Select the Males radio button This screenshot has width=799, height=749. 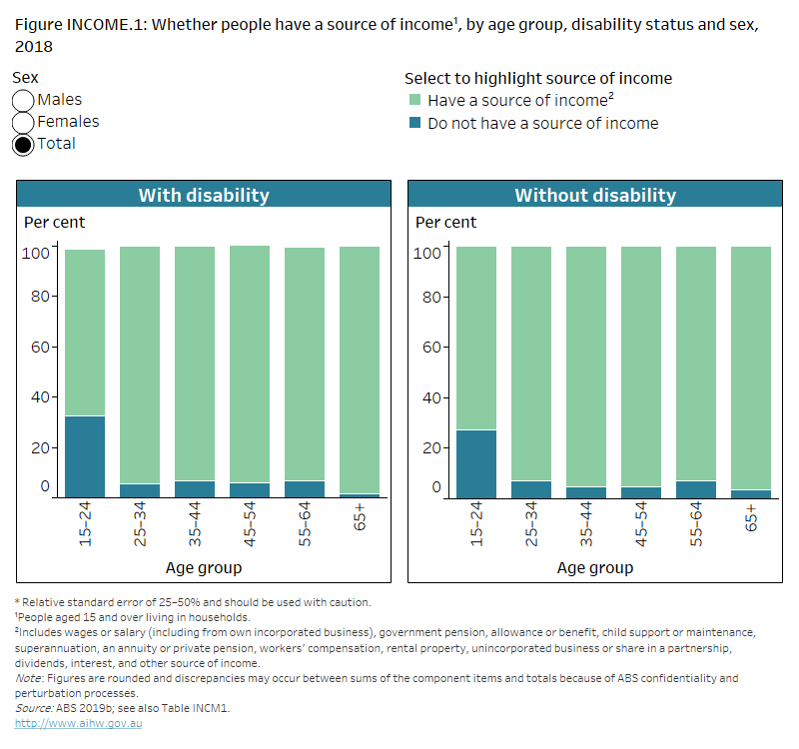(x=24, y=101)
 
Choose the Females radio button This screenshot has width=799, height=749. (x=24, y=123)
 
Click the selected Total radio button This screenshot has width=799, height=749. (x=24, y=145)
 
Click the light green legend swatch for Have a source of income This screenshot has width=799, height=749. (x=414, y=101)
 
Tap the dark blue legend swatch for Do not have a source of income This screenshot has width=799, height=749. (x=414, y=124)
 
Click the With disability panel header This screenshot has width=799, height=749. (x=203, y=195)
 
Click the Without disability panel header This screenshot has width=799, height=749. (x=594, y=195)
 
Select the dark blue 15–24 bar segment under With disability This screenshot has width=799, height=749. (x=85, y=456)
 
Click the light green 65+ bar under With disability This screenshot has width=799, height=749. (x=359, y=370)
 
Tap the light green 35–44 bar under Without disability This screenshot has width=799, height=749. (x=586, y=366)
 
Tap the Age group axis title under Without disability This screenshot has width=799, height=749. (x=594, y=568)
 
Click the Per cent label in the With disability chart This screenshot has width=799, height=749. (x=55, y=222)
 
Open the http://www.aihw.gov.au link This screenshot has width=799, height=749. (x=78, y=722)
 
